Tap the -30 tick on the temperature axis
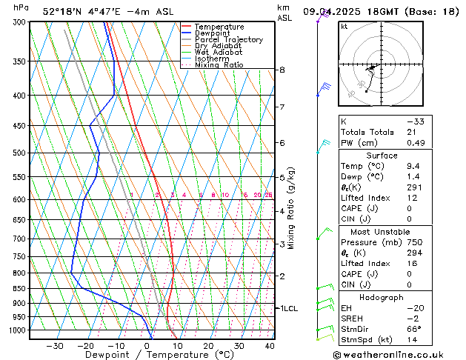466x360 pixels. pos(54,345)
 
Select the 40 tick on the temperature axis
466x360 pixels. pos(269,345)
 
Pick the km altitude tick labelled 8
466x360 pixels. pos(282,70)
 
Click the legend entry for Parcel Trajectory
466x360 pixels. pos(228,40)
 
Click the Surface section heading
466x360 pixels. pos(382,156)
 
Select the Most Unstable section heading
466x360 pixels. pos(382,232)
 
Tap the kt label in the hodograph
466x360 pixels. pos(344,27)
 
